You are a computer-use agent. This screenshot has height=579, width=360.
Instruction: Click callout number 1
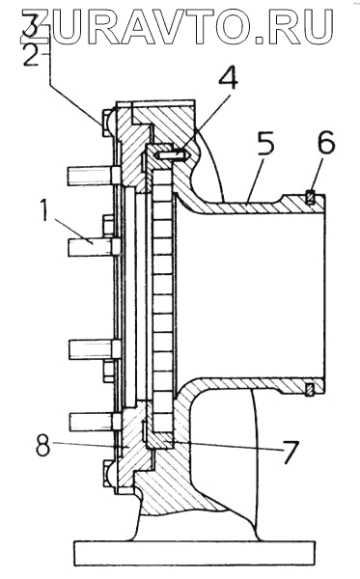(x=45, y=209)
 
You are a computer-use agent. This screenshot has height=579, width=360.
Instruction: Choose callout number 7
(x=290, y=451)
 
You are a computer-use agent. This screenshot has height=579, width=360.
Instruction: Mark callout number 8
(x=44, y=445)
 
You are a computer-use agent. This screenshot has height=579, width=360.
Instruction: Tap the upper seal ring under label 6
(x=310, y=197)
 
